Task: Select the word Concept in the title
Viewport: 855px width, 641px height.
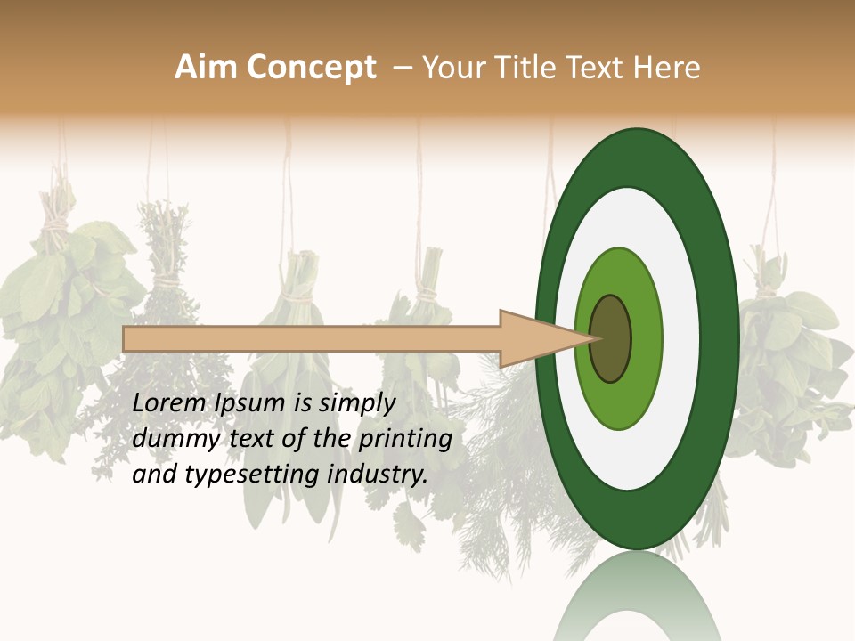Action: (x=311, y=68)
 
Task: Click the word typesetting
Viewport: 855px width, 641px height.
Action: (x=253, y=475)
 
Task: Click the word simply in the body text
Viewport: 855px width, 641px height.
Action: (x=356, y=403)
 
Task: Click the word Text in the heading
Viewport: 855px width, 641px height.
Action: (x=597, y=68)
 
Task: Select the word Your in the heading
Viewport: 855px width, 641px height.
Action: (x=451, y=68)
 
